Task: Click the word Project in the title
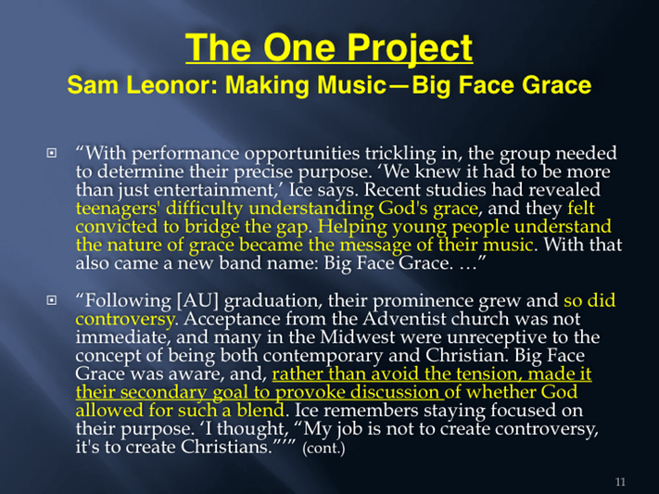click(x=410, y=48)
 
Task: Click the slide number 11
click(x=620, y=482)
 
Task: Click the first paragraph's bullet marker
click(x=51, y=153)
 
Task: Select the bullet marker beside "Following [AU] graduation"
click(x=51, y=300)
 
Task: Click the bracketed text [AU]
click(x=198, y=301)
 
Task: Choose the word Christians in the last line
click(x=226, y=447)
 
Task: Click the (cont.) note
click(x=323, y=449)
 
